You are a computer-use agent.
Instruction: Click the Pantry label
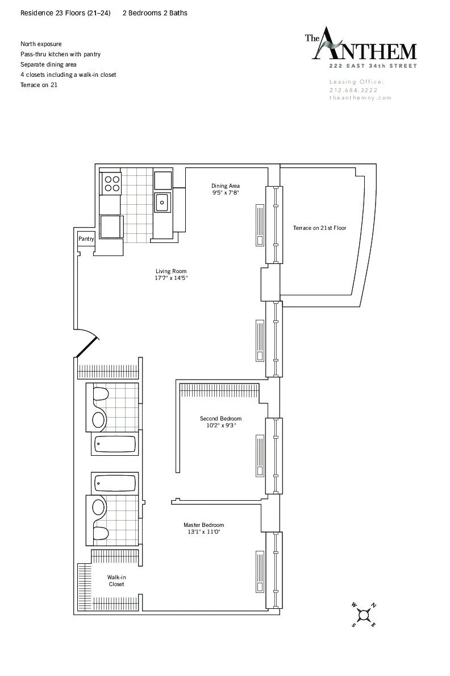pyautogui.click(x=86, y=240)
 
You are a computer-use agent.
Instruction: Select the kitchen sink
pyautogui.click(x=163, y=201)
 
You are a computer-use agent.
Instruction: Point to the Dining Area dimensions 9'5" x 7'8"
pyautogui.click(x=226, y=193)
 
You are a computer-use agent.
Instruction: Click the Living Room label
pyautogui.click(x=171, y=271)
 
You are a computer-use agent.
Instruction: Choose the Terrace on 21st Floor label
pyautogui.click(x=319, y=228)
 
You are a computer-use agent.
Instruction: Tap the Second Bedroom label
pyautogui.click(x=220, y=419)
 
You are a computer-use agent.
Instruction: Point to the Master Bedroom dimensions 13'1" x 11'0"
pyautogui.click(x=203, y=532)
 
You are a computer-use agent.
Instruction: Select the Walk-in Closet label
pyautogui.click(x=116, y=580)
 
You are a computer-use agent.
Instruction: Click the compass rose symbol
pyautogui.click(x=364, y=615)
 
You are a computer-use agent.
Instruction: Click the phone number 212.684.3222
pyautogui.click(x=353, y=90)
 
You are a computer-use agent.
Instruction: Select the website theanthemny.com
pyautogui.click(x=360, y=98)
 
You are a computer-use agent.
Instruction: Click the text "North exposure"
pyautogui.click(x=41, y=44)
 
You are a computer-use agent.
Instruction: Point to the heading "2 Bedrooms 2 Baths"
pyautogui.click(x=155, y=13)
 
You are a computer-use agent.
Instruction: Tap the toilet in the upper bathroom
pyautogui.click(x=101, y=394)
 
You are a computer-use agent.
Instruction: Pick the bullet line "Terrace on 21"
pyautogui.click(x=39, y=85)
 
